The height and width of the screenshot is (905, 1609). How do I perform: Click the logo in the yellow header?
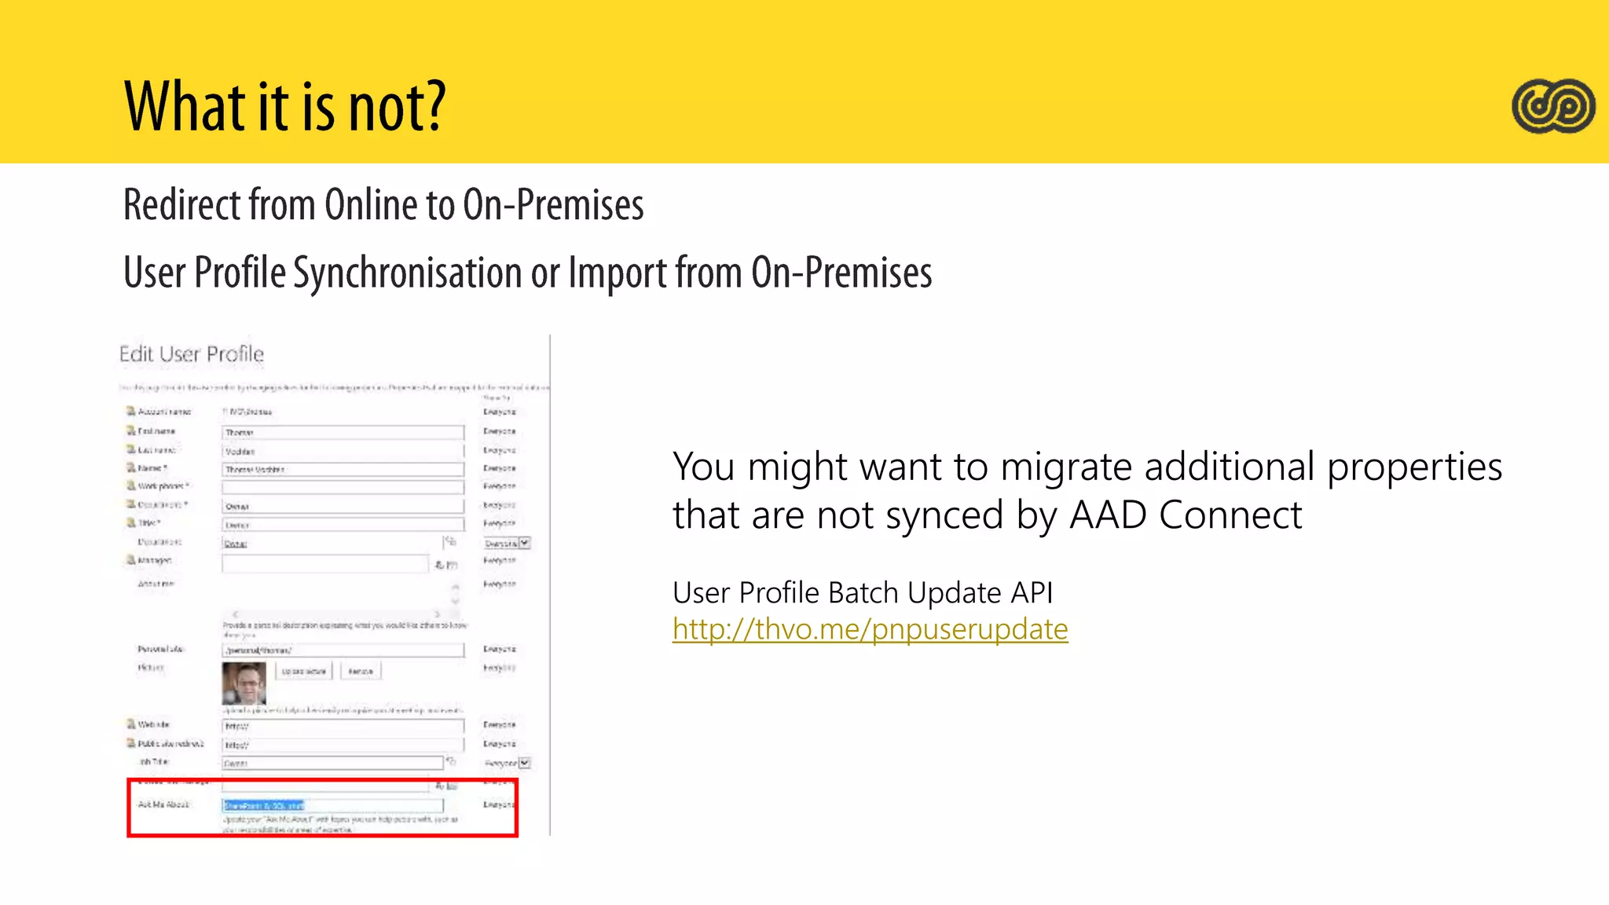click(1553, 106)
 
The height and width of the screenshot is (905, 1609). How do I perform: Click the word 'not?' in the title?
click(397, 108)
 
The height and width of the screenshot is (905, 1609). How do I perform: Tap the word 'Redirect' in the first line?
click(182, 206)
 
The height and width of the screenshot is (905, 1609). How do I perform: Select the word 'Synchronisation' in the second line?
click(408, 273)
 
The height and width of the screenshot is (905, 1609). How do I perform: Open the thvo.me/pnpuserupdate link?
click(870, 629)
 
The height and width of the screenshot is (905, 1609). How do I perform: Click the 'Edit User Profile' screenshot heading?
click(191, 354)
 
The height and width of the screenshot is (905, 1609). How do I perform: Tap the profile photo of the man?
click(244, 683)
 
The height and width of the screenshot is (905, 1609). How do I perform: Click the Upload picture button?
click(303, 671)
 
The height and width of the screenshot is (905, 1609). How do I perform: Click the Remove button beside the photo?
click(361, 671)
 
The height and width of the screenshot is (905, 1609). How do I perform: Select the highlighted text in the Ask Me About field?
click(263, 805)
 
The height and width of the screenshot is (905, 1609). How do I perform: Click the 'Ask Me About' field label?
click(163, 804)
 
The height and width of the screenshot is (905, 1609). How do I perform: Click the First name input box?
click(343, 432)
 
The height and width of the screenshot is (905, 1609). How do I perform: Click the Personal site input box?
click(343, 650)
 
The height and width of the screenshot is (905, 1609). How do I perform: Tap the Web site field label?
click(153, 724)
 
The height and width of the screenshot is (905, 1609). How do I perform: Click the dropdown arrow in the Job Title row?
click(525, 763)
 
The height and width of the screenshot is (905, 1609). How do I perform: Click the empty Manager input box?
click(324, 563)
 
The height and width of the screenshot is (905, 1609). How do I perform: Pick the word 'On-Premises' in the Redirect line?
click(553, 206)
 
